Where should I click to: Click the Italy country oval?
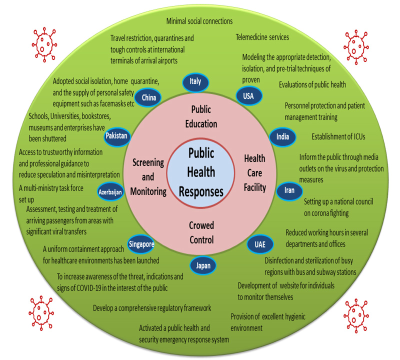(x=195, y=81)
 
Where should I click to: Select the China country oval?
(x=149, y=97)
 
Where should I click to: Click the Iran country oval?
(x=289, y=190)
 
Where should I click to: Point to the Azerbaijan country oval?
(x=110, y=191)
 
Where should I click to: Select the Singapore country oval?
(x=141, y=244)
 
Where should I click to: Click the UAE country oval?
(x=260, y=244)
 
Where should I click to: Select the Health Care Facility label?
(x=254, y=173)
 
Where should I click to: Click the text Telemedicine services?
(x=262, y=36)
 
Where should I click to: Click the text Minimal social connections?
(x=200, y=21)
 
